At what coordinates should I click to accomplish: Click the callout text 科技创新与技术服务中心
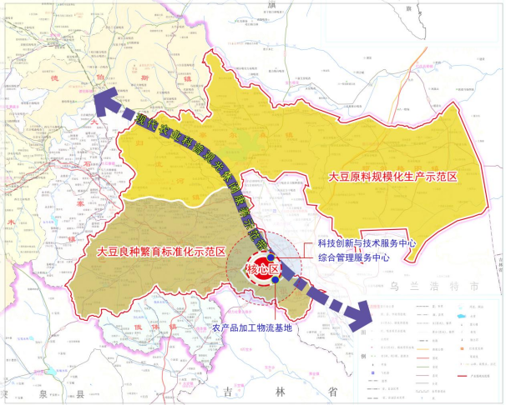[366, 243]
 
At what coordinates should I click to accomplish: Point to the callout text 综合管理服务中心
[353, 258]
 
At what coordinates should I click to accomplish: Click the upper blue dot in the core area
[271, 259]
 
